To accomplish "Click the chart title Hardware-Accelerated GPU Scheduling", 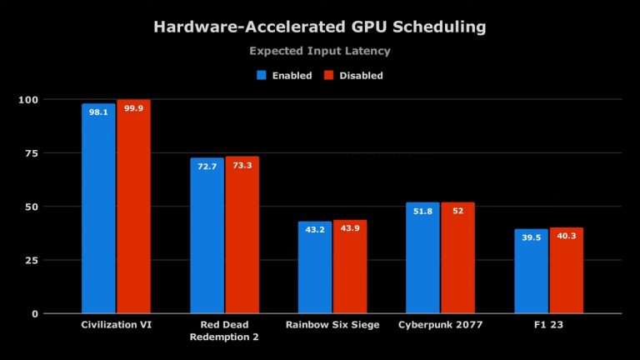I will [x=320, y=27].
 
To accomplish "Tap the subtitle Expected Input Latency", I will [x=320, y=51].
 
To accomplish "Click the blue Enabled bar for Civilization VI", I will [x=98, y=208].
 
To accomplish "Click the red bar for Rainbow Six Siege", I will [x=350, y=267].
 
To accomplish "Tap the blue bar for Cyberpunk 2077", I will [x=422, y=257].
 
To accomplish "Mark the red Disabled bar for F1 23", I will [x=567, y=271].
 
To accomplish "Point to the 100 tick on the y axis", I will [x=29, y=100].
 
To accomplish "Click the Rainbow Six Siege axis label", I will [x=332, y=325].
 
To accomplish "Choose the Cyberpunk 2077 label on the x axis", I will [x=440, y=325].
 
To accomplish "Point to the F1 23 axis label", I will [x=548, y=325].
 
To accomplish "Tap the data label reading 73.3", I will [x=242, y=165].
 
